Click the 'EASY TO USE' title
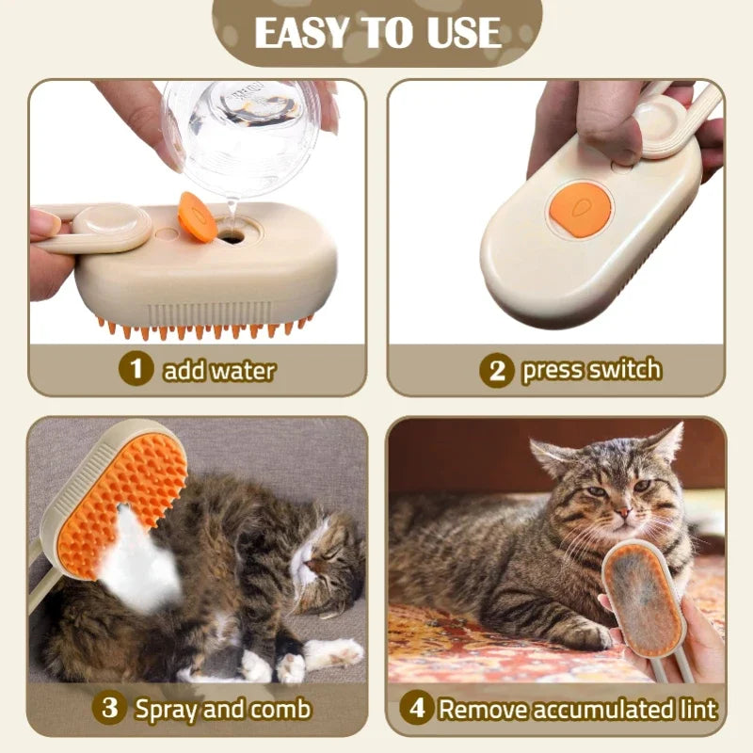(x=376, y=32)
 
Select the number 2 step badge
(x=496, y=370)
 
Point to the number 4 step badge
(x=415, y=708)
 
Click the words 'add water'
(x=218, y=370)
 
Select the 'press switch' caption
(x=591, y=370)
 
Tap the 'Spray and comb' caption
(x=222, y=708)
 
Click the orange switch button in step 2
(x=580, y=210)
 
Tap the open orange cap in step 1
(x=197, y=217)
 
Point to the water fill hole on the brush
(x=230, y=236)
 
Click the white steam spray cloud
(x=146, y=555)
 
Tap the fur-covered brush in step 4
(x=643, y=602)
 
